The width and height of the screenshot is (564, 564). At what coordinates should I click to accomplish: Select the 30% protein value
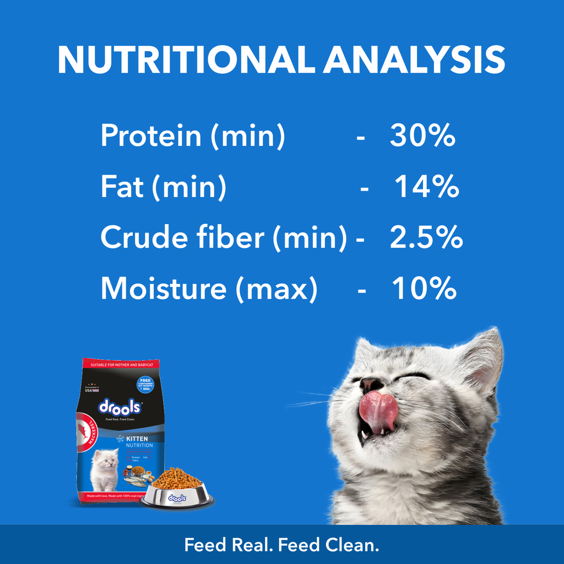(x=422, y=135)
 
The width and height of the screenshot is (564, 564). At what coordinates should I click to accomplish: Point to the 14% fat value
(x=427, y=187)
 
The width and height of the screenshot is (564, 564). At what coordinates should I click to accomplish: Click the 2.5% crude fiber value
(x=426, y=238)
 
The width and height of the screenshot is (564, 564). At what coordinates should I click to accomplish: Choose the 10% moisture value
(x=424, y=289)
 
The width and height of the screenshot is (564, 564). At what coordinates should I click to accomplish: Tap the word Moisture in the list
(x=163, y=289)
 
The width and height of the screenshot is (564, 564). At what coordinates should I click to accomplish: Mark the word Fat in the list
(x=122, y=187)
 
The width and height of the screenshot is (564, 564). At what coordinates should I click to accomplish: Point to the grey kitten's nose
(x=371, y=384)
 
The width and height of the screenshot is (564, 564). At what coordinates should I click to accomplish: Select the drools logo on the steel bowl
(x=176, y=498)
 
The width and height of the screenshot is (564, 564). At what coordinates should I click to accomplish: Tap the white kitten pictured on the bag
(x=105, y=469)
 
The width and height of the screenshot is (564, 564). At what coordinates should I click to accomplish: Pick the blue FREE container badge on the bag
(x=145, y=384)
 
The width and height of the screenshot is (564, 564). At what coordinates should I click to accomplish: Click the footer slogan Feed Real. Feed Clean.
(x=282, y=545)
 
